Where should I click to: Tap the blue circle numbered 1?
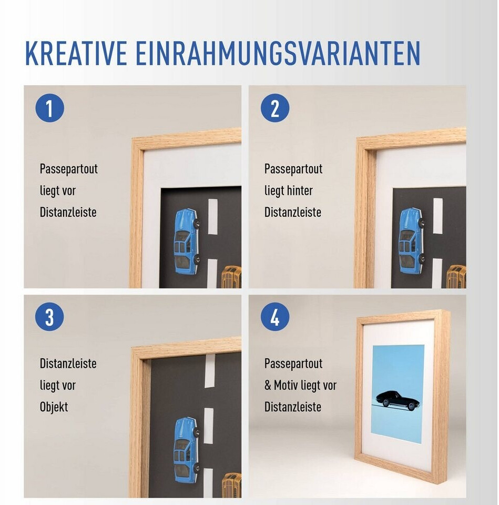click(x=49, y=108)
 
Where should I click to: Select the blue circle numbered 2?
click(x=275, y=108)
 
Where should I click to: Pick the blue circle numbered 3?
click(x=49, y=317)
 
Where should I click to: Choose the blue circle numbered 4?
click(x=275, y=317)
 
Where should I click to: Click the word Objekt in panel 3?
click(x=54, y=407)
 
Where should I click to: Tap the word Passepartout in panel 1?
click(x=68, y=169)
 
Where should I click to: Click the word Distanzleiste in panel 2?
click(x=293, y=212)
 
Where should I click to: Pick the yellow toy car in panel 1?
click(x=231, y=277)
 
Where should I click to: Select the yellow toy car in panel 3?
click(x=231, y=486)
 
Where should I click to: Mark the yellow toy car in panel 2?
click(x=456, y=277)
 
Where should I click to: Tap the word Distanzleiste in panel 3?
click(x=68, y=363)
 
